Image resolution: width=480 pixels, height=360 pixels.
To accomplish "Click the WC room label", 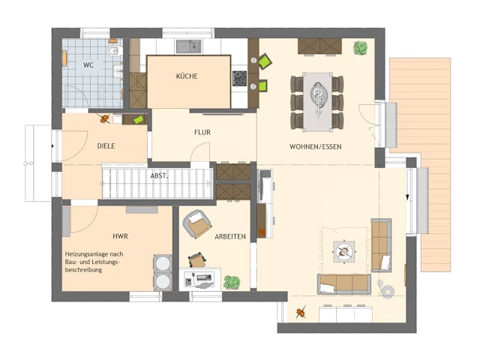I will pos(88,65).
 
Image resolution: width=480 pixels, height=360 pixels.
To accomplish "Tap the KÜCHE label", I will pos(187,76).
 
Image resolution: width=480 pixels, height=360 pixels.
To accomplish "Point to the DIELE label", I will pos(106,146).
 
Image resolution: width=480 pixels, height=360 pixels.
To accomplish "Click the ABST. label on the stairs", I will pos(159,175).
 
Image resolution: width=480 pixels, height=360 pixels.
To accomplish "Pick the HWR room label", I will pos(120,235).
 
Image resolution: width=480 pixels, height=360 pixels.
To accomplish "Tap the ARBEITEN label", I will pos(230,236).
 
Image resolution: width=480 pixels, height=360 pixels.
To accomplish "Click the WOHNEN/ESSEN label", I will pos(315,146).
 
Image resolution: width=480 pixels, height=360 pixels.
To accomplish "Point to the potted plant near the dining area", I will pos(361,47).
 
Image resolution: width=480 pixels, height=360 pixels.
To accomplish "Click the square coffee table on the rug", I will pos(345,250).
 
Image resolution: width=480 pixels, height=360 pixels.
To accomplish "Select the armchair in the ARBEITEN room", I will pos(198,223).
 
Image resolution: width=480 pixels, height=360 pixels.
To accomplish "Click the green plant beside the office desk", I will pos(232,282).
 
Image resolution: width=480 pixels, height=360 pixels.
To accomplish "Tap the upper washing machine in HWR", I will pos(162,264).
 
